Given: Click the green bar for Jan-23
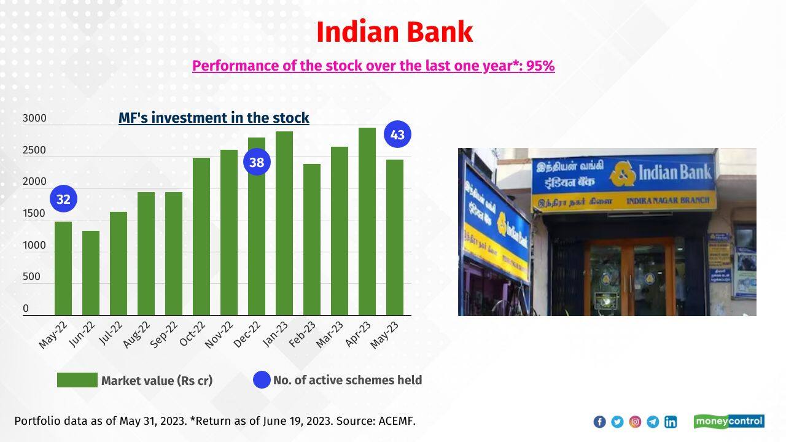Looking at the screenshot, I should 284,223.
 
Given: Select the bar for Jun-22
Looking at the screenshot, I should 91,273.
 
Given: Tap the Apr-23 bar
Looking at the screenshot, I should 367,222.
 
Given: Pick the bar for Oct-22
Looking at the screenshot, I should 201,236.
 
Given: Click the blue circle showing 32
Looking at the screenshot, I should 63,199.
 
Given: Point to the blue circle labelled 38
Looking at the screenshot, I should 257,162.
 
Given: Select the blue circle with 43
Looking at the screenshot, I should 397,134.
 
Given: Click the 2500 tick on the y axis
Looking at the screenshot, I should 34,150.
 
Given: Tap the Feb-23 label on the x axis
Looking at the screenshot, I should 303,334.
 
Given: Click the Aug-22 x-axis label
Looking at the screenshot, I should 137,335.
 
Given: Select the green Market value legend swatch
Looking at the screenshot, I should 77,380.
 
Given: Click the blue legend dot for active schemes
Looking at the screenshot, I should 262,380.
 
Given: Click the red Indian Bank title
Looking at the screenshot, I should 394,32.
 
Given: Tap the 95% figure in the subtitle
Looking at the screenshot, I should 540,66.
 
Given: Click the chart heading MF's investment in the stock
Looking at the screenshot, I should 214,117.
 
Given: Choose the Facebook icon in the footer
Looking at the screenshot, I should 599,422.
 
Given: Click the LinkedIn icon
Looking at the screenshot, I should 671,422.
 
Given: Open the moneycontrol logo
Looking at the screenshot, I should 729,421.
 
